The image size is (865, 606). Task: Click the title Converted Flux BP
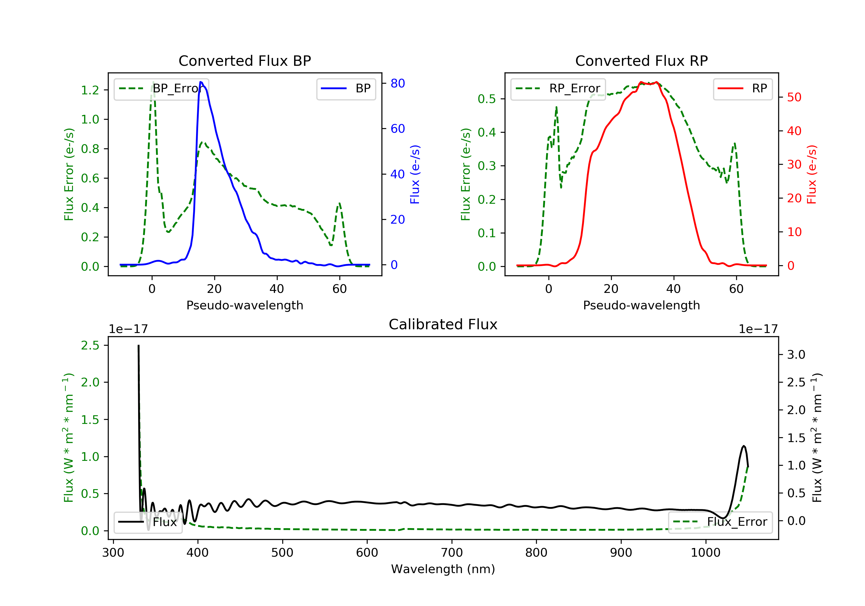pyautogui.click(x=245, y=61)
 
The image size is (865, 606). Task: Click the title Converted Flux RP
pyautogui.click(x=641, y=61)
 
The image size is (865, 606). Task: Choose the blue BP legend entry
pyautogui.click(x=346, y=89)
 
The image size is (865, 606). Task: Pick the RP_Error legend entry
pyautogui.click(x=558, y=89)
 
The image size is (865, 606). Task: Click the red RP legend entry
pyautogui.click(x=742, y=89)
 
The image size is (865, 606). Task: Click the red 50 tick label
pyautogui.click(x=794, y=97)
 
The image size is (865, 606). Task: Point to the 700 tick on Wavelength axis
pyautogui.click(x=452, y=553)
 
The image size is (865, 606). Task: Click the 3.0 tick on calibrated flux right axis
pyautogui.click(x=796, y=354)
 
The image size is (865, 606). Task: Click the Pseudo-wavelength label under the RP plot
pyautogui.click(x=641, y=305)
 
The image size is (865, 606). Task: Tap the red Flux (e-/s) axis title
pyautogui.click(x=811, y=174)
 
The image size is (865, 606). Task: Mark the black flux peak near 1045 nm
pyautogui.click(x=744, y=446)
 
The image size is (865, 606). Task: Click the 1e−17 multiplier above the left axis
pyautogui.click(x=128, y=329)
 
